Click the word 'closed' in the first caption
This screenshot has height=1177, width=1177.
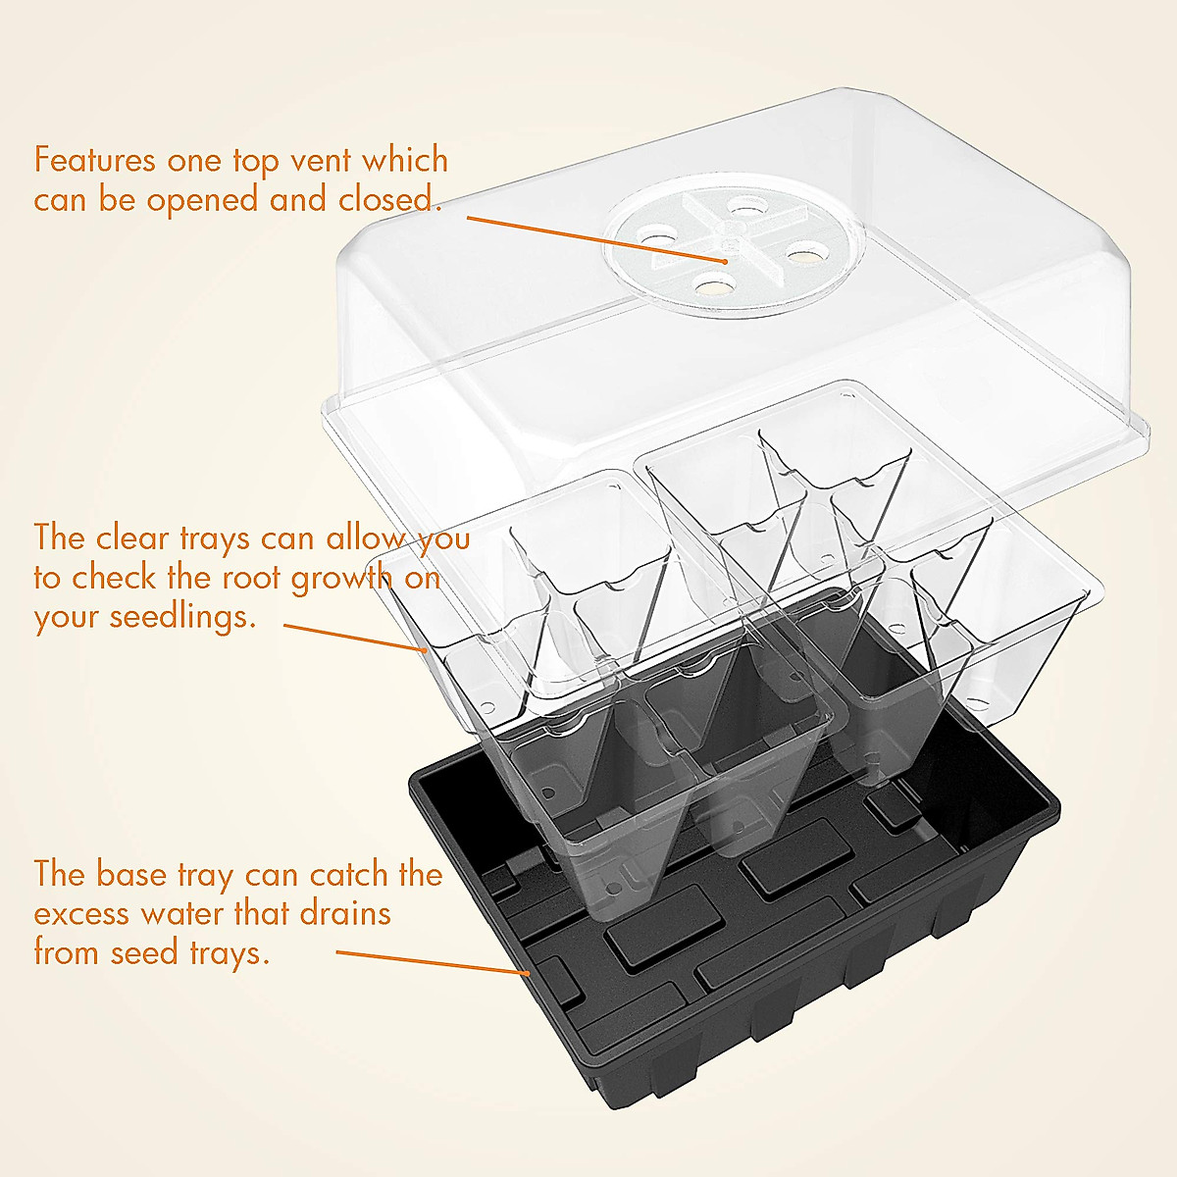pos(385,200)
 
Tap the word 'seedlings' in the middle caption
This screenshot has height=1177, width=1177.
pos(174,617)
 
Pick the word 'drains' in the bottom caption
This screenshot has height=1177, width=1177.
pos(345,914)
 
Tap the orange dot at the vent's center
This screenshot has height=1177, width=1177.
pos(725,261)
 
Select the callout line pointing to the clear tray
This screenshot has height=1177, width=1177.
pos(353,636)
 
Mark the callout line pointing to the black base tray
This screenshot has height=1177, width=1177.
pos(432,961)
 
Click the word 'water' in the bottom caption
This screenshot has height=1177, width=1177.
pos(182,914)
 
